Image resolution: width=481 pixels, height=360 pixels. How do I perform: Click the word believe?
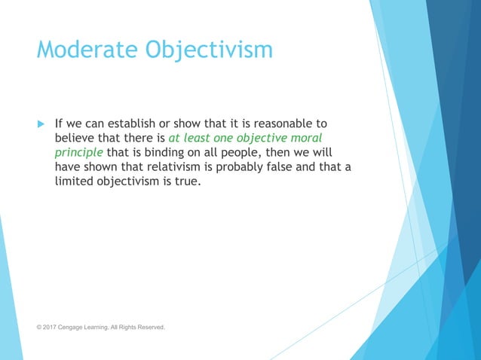coord(76,138)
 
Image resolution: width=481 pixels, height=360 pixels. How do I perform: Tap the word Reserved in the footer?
coord(150,327)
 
